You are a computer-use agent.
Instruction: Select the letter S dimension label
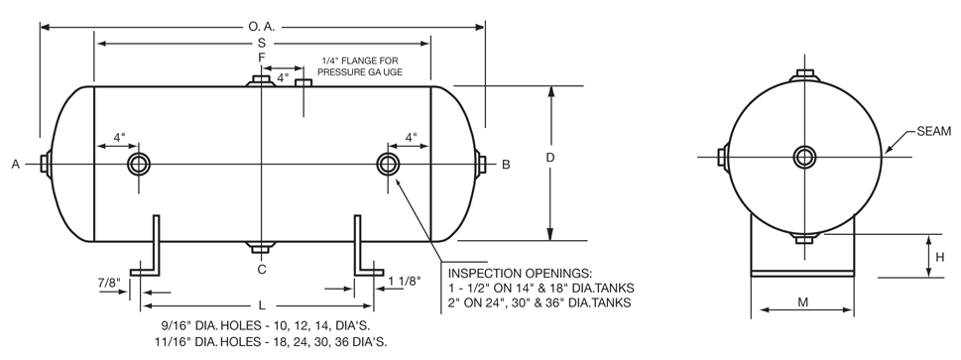pyautogui.click(x=262, y=44)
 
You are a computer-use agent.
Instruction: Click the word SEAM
pyautogui.click(x=933, y=131)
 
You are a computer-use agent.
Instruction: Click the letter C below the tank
pyautogui.click(x=262, y=269)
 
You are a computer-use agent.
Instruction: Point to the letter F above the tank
pyautogui.click(x=262, y=58)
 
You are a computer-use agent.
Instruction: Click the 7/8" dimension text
pyautogui.click(x=109, y=283)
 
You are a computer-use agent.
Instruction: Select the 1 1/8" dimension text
pyautogui.click(x=404, y=283)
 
